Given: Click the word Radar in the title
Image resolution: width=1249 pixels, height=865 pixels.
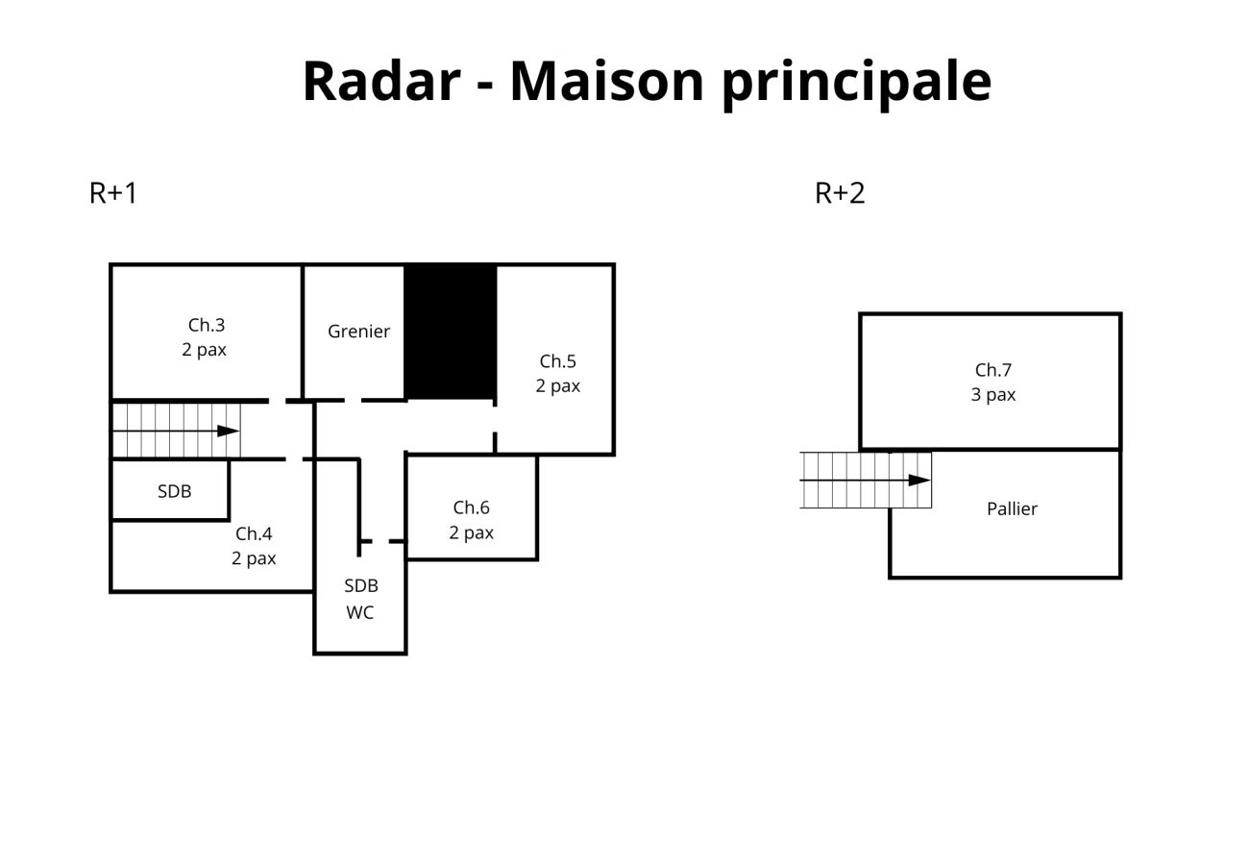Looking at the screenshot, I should point(381,81).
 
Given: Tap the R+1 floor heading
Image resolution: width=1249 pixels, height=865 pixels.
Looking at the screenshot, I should point(113,193).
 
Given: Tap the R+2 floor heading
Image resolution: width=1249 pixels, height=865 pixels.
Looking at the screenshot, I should point(840,193).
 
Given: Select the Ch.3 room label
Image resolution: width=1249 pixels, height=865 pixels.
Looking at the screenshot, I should point(206,325).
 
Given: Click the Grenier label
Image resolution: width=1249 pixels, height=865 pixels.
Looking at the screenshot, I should point(358,332).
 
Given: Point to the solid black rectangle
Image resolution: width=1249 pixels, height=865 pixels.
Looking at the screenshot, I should point(450,332).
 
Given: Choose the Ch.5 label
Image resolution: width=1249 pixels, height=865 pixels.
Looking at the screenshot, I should point(557,361).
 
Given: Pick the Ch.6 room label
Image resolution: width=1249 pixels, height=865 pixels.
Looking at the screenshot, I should point(471,507).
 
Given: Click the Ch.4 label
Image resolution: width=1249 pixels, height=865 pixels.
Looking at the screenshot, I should point(254,533).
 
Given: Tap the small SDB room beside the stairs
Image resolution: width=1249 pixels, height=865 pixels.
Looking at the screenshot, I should point(174,491).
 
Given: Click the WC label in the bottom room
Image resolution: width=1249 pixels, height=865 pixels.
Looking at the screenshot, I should point(359,613).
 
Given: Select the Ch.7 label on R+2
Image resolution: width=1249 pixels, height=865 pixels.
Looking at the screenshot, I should point(992,370).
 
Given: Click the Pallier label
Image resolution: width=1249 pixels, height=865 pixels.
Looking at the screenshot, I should point(1012,509).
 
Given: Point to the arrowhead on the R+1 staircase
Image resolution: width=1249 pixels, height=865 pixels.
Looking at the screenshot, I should point(229,431).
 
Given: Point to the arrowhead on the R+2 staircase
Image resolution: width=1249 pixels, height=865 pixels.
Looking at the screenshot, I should point(919,480).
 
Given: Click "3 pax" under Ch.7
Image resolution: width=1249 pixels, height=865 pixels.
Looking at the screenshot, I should point(992,395).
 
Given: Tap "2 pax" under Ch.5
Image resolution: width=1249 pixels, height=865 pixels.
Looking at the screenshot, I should point(557,386).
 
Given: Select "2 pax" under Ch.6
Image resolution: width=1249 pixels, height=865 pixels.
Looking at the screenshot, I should point(471,532).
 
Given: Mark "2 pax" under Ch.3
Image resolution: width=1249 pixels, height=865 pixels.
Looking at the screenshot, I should point(204,350).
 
